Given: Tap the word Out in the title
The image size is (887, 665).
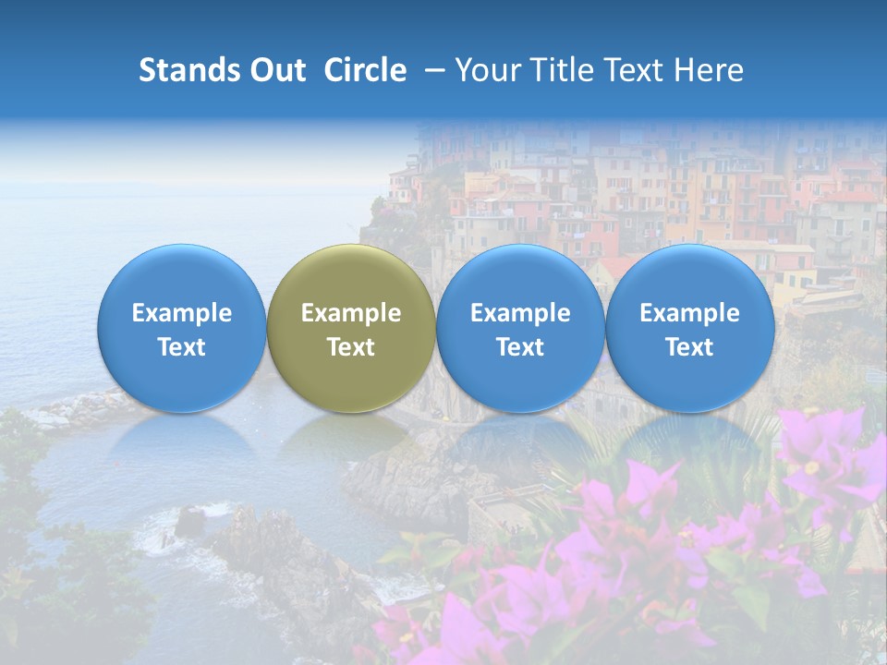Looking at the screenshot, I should (x=274, y=70).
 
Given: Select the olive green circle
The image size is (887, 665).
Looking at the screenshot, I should (x=351, y=328).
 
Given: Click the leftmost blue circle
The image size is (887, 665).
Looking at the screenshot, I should (x=182, y=328).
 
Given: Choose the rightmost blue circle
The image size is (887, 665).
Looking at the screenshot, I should (x=689, y=328).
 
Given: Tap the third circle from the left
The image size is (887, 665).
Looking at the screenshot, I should (x=520, y=328).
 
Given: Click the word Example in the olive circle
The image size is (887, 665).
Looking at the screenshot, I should (x=351, y=313).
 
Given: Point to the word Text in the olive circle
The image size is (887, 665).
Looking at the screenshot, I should (x=351, y=347).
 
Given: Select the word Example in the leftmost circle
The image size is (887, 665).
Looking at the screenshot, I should (x=182, y=313).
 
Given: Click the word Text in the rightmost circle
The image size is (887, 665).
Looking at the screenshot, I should (x=689, y=347).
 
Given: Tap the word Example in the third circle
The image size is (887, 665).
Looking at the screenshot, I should (x=520, y=313).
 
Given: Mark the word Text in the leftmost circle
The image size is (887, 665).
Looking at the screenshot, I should (x=182, y=347).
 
